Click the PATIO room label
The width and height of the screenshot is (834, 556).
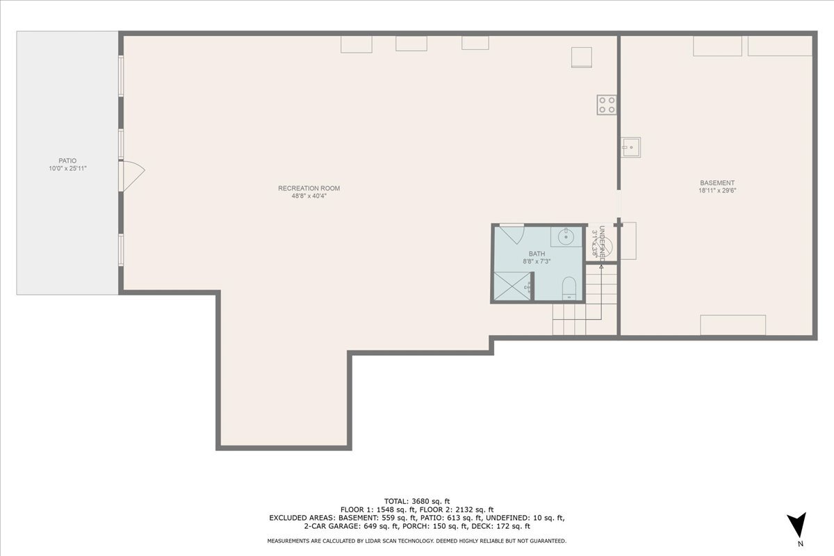67,161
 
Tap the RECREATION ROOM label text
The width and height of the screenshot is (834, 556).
309,188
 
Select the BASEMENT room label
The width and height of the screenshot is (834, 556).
717,183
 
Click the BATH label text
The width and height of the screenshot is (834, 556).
537,254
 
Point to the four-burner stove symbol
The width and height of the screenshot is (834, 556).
606,105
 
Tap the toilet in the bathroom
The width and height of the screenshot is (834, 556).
569,288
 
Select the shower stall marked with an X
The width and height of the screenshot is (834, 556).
512,286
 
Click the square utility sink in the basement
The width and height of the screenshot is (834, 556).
630,147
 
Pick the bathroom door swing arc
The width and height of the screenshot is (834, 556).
512,233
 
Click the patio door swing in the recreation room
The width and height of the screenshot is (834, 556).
132,176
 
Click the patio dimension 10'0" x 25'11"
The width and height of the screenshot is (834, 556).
67,169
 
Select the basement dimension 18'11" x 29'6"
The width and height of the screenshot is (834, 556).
717,190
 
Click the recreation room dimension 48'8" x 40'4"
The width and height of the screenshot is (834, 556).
309,196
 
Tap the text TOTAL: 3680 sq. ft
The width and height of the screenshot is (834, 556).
417,500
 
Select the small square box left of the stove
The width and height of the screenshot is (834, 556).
581,57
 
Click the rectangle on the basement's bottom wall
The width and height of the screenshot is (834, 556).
733,325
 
